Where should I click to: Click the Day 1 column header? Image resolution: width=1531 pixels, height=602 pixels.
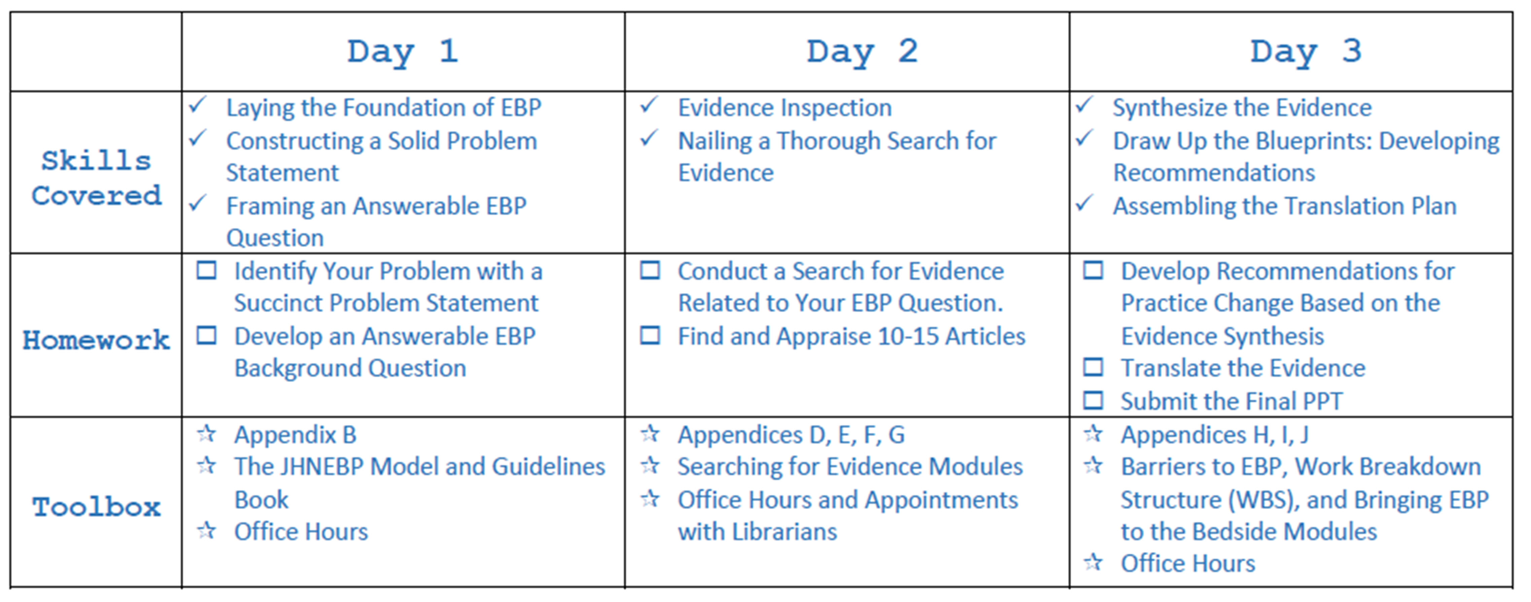point(403,52)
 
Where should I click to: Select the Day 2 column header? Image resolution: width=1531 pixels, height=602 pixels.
point(862,52)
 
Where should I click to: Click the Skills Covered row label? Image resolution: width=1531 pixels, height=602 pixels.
point(96,178)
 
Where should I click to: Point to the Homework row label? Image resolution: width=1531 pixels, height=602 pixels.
point(96,340)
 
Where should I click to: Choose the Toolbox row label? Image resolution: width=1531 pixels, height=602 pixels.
point(96,507)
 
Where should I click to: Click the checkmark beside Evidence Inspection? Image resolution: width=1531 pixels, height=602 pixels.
point(649,105)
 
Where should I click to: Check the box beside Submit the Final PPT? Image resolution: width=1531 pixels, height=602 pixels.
point(1093,400)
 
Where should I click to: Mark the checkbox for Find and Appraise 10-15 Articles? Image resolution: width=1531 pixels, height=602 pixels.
point(650,335)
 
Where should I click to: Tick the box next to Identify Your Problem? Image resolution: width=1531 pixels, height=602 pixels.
point(206,270)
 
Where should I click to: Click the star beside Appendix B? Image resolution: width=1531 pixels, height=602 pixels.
point(206,433)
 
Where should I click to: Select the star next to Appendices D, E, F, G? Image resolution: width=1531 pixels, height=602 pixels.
point(650,433)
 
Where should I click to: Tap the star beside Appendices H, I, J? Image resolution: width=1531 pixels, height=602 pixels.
point(1093,433)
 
